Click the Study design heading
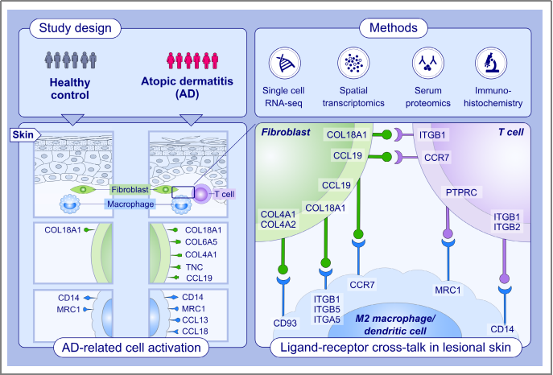pyautogui.click(x=76, y=29)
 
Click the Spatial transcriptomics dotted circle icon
pyautogui.click(x=353, y=62)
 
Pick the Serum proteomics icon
pyautogui.click(x=423, y=62)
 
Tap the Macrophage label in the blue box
pyautogui.click(x=131, y=204)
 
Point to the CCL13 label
pyautogui.click(x=197, y=319)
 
